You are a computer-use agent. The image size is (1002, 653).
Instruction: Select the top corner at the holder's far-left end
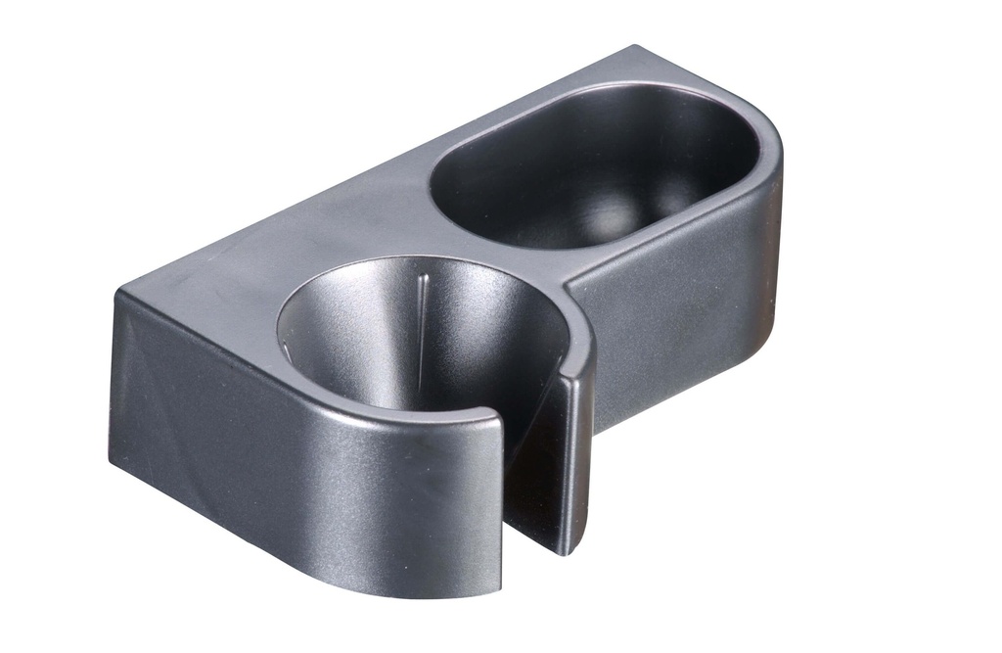[117, 291]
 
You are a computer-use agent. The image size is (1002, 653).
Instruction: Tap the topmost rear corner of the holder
[636, 46]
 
